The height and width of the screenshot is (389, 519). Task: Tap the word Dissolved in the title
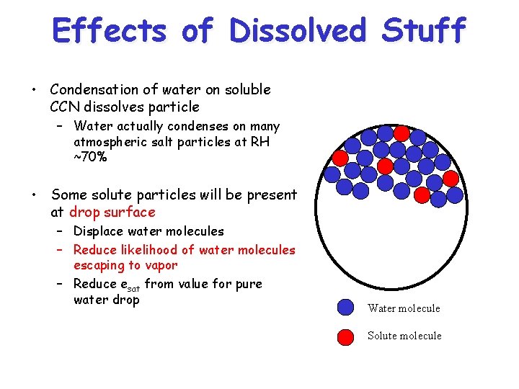297,31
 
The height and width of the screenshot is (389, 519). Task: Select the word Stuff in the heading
424,31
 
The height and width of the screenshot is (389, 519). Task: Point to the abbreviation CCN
66,107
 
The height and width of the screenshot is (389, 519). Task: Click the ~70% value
90,157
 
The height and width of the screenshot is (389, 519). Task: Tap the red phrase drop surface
112,212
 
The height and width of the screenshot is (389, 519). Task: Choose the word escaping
99,265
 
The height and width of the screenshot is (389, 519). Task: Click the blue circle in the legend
346,308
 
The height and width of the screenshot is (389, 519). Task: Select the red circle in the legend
346,335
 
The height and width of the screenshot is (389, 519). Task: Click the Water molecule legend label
404,308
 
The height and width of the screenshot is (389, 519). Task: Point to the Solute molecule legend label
404,336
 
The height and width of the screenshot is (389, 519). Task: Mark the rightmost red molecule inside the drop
451,177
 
